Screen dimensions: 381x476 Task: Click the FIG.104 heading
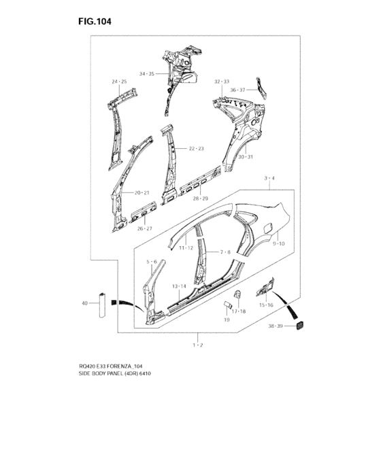[95, 22]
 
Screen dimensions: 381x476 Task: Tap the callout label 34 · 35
[147, 73]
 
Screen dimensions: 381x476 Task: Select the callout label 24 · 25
[119, 82]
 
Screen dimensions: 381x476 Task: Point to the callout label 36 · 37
[237, 90]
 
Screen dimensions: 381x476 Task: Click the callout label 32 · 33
[222, 82]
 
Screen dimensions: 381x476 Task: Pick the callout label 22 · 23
[196, 148]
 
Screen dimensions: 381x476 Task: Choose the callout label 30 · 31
[245, 157]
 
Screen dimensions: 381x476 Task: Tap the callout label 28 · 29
[201, 199]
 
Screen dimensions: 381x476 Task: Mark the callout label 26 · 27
[145, 228]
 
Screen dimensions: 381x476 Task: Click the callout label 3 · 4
[269, 178]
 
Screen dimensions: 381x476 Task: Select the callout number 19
[227, 320]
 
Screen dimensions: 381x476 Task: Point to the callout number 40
[85, 303]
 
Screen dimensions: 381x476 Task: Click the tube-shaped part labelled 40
[102, 305]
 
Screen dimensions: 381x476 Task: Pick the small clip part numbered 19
[227, 304]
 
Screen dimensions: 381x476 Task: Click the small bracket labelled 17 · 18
[237, 294]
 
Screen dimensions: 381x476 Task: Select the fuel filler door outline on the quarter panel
[269, 228]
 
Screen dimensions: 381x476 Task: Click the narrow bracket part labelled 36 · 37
[261, 88]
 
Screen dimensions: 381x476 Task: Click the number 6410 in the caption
[145, 373]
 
